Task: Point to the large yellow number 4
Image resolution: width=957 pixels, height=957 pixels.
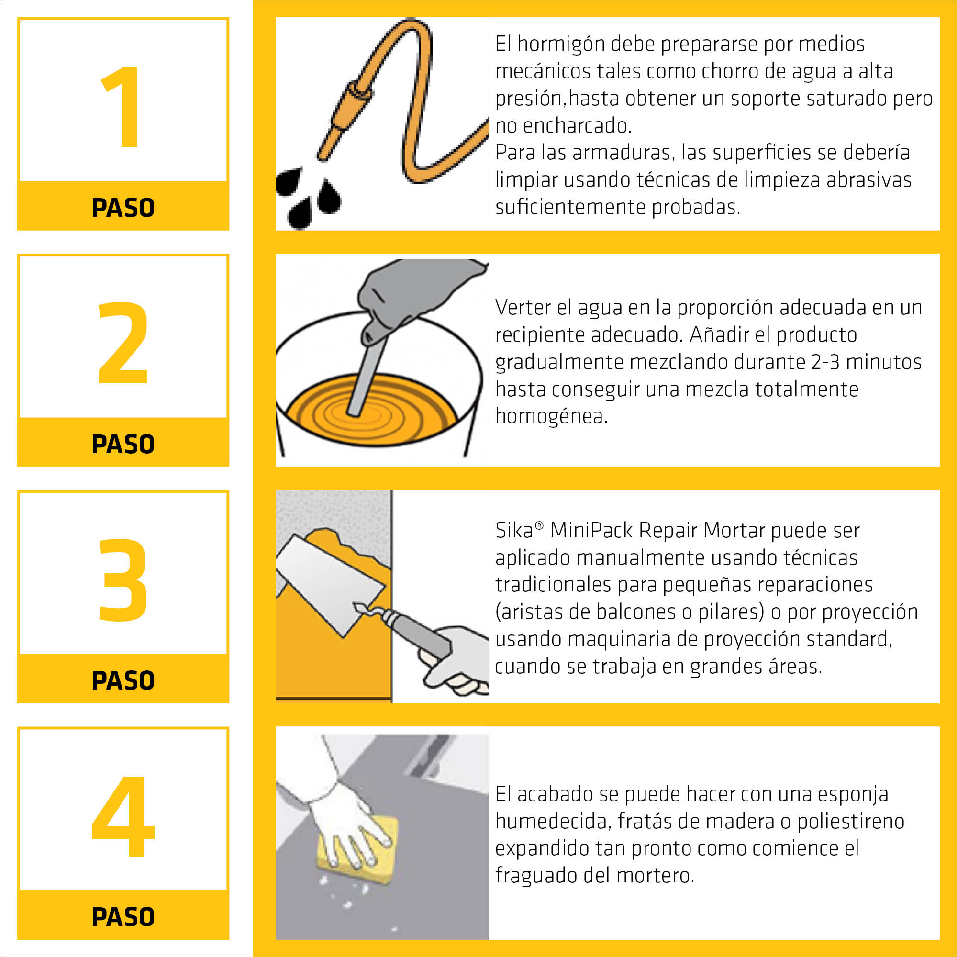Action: point(123,816)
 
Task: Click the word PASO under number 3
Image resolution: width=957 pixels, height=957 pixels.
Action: point(123,680)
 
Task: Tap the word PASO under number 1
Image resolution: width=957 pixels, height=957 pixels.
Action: point(123,208)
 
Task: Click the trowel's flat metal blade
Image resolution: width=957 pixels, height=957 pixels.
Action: point(330,585)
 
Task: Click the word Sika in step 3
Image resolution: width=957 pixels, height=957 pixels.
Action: point(513,531)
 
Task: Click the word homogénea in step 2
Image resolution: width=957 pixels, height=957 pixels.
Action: point(551,417)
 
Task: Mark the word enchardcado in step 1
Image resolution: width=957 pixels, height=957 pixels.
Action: point(577,126)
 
